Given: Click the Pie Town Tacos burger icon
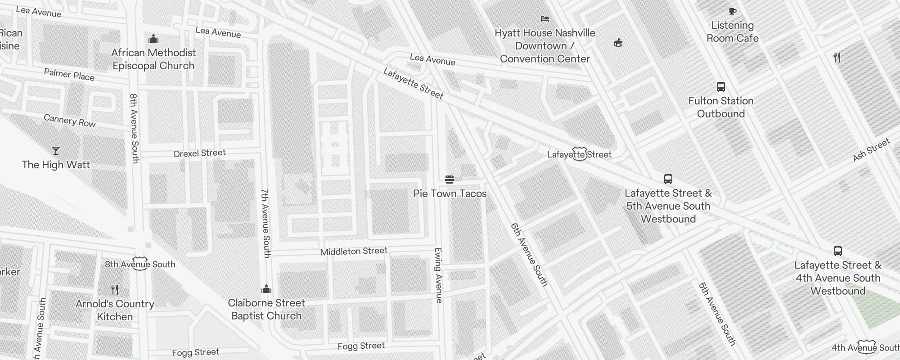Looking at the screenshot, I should pyautogui.click(x=449, y=180).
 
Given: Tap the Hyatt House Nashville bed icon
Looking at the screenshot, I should pyautogui.click(x=545, y=19).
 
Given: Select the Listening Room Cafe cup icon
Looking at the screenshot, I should pyautogui.click(x=732, y=12).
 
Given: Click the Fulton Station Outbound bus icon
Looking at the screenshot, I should pyautogui.click(x=720, y=87).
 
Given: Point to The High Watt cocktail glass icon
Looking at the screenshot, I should pyautogui.click(x=56, y=151).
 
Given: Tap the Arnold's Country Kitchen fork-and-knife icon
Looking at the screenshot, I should pyautogui.click(x=115, y=290).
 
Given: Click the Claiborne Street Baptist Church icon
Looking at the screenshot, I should pyautogui.click(x=266, y=289).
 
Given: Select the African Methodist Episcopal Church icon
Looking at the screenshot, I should pyautogui.click(x=153, y=39).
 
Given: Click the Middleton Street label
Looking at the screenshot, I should pyautogui.click(x=354, y=251).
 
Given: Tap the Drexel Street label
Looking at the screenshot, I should pyautogui.click(x=199, y=153).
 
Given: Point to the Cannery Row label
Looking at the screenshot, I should pyautogui.click(x=70, y=121).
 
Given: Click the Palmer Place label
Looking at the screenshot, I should pyautogui.click(x=69, y=74).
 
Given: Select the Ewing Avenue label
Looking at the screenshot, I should pyautogui.click(x=438, y=275).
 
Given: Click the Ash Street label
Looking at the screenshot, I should pyautogui.click(x=871, y=150).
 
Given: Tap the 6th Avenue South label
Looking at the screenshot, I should pyautogui.click(x=529, y=255).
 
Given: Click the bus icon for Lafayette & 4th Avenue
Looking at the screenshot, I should pyautogui.click(x=837, y=251).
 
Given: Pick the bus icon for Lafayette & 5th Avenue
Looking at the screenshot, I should pyautogui.click(x=668, y=179).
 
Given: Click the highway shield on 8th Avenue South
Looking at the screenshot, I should pyautogui.click(x=140, y=264).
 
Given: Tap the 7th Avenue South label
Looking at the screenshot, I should pyautogui.click(x=266, y=223).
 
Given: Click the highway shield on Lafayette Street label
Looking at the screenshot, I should pyautogui.click(x=579, y=154).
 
